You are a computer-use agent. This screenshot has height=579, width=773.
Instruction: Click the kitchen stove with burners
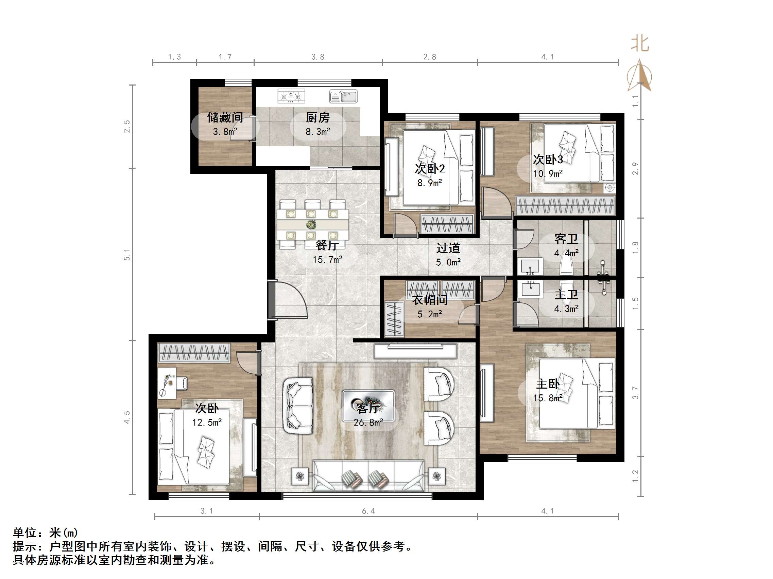pyautogui.click(x=291, y=96)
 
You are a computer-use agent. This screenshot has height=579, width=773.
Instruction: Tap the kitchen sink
pyautogui.click(x=343, y=96)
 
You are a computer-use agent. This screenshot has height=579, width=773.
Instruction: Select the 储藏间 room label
pyautogui.click(x=225, y=118)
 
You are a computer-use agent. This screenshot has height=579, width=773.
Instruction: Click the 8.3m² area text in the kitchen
pyautogui.click(x=317, y=132)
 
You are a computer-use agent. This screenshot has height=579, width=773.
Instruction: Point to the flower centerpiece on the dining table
pyautogui.click(x=311, y=224)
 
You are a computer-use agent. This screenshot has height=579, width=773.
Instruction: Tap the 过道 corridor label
pyautogui.click(x=448, y=248)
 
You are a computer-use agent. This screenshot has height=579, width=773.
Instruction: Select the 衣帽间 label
pyautogui.click(x=429, y=300)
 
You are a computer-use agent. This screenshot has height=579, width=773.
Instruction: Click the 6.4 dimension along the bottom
pyautogui.click(x=368, y=511)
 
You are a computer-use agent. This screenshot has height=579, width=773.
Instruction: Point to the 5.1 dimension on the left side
pyautogui.click(x=126, y=255)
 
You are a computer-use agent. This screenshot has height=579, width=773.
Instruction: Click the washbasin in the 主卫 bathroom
pyautogui.click(x=530, y=288)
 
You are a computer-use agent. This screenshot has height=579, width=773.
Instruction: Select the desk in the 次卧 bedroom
pyautogui.click(x=167, y=382)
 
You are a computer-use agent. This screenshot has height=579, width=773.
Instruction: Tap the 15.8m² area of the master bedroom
pyautogui.click(x=548, y=398)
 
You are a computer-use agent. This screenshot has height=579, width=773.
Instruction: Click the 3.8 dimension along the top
pyautogui.click(x=317, y=57)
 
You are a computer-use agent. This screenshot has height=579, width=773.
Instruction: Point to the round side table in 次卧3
pyautogui.click(x=610, y=187)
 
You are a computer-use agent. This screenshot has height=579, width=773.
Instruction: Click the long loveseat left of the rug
pyautogui.click(x=298, y=405)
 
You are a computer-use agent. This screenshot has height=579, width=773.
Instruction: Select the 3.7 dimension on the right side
pyautogui.click(x=635, y=393)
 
